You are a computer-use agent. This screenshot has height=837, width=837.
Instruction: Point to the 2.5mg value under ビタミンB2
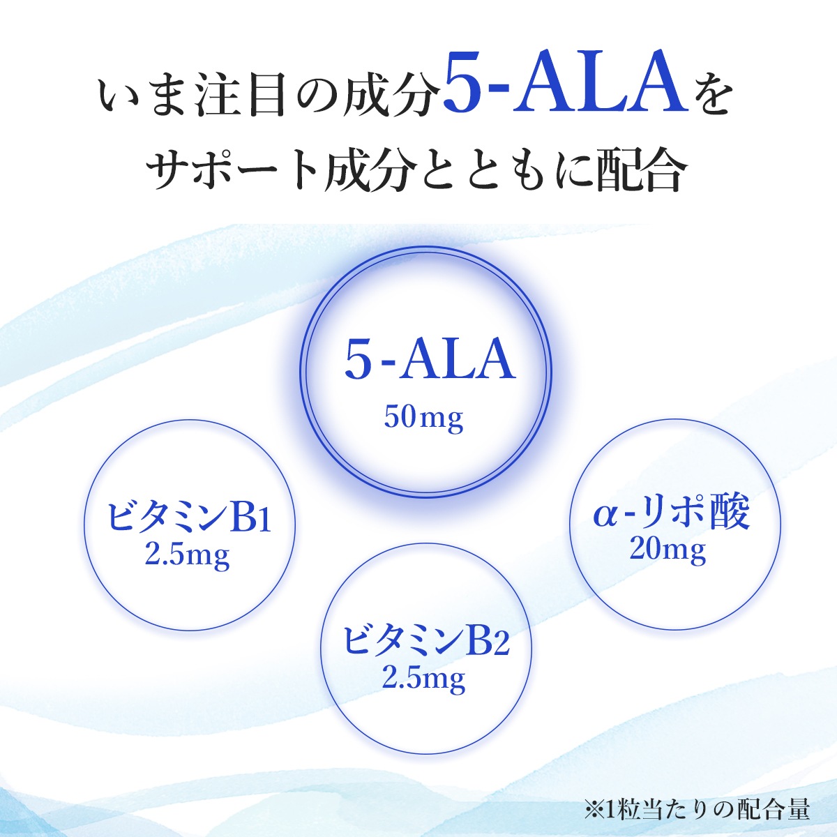(x=423, y=678)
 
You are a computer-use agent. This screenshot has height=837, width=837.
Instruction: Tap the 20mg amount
(x=668, y=550)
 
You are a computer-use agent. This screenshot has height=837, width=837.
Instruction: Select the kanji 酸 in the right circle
(x=727, y=513)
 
